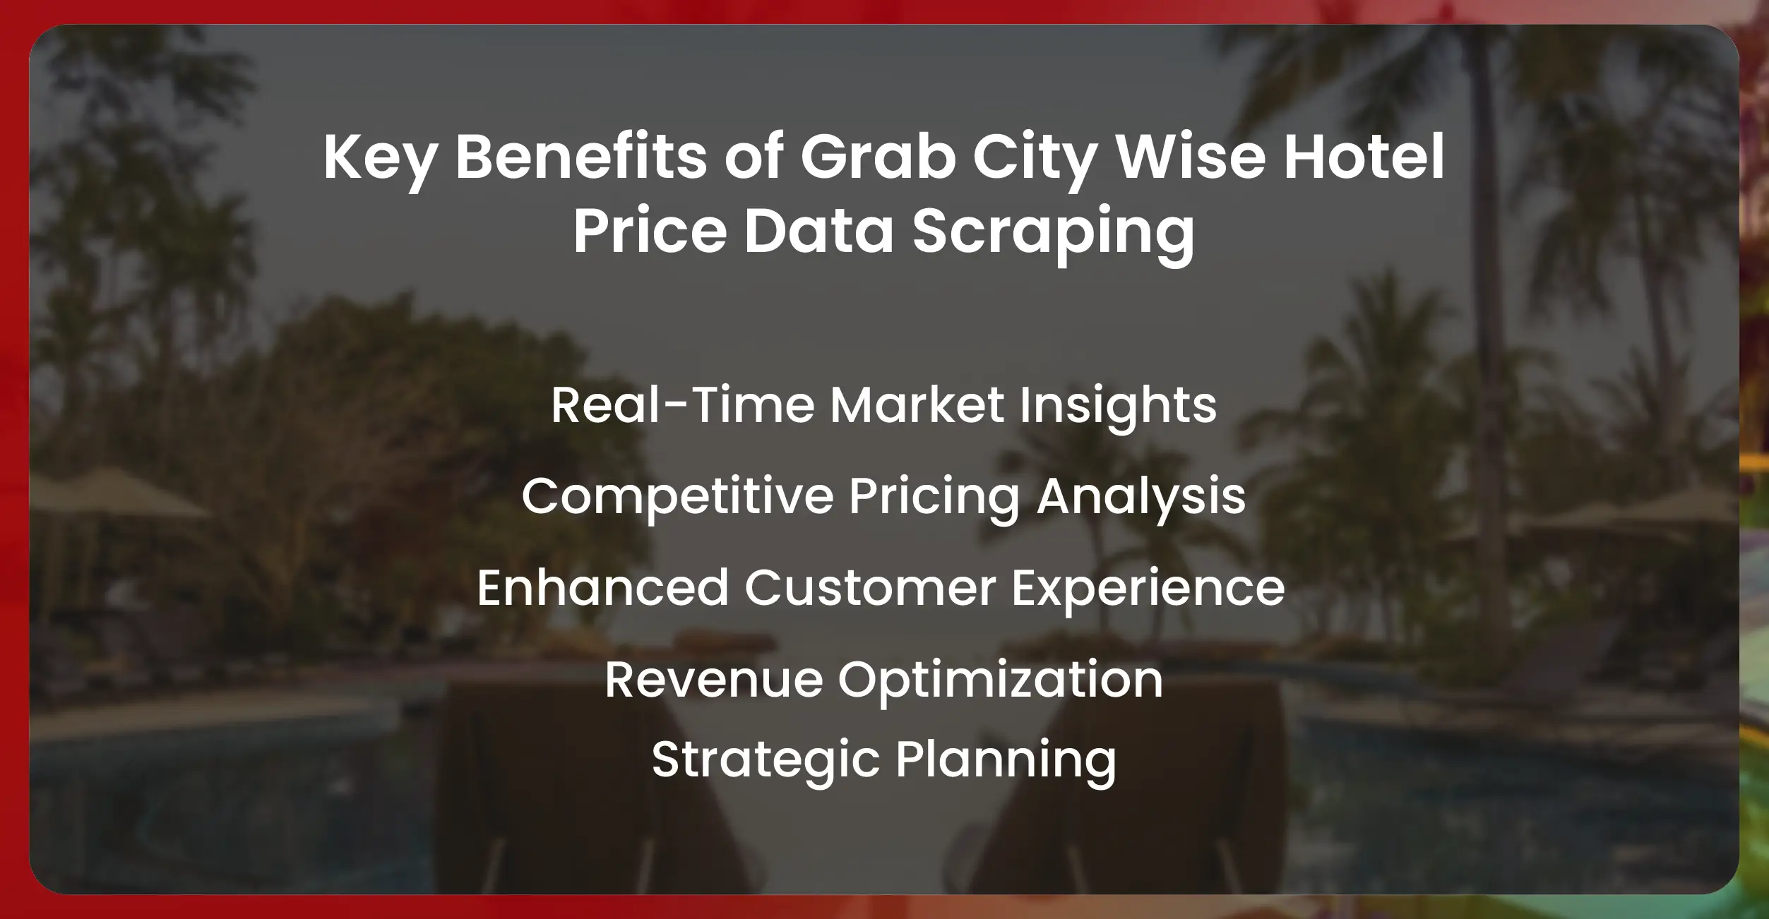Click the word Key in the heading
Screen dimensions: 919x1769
pyautogui.click(x=380, y=157)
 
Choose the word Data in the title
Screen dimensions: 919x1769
pyautogui.click(x=819, y=231)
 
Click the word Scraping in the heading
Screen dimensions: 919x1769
pyautogui.click(x=1053, y=231)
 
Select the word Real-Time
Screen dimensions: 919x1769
pyautogui.click(x=683, y=405)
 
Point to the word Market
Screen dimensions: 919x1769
pyautogui.click(x=917, y=405)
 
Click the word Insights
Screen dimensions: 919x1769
pyautogui.click(x=1118, y=405)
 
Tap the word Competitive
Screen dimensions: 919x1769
pyautogui.click(x=678, y=496)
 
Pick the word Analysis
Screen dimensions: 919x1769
pyautogui.click(x=1140, y=496)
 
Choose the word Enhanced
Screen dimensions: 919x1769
pyautogui.click(x=602, y=588)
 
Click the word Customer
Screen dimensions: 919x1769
pyautogui.click(x=869, y=588)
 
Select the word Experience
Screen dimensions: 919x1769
pyautogui.click(x=1148, y=588)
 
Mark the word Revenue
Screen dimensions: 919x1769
pyautogui.click(x=713, y=680)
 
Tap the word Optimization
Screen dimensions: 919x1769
pyautogui.click(x=1000, y=680)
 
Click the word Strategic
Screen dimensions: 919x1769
pyautogui.click(x=765, y=759)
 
